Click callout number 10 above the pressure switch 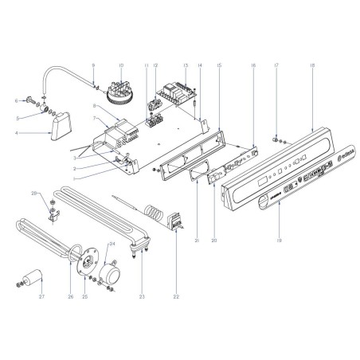click(x=122, y=63)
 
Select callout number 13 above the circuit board click(x=185, y=63)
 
